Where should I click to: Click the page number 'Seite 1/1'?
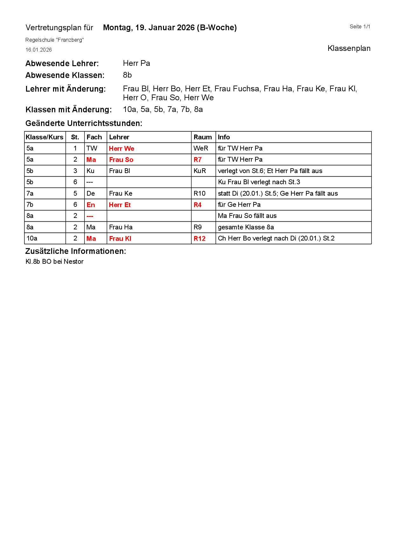point(360,27)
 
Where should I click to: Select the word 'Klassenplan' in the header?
point(349,48)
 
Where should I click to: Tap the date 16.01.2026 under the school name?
point(38,50)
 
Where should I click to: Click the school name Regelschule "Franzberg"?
point(54,40)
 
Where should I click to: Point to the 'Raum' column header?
point(202,137)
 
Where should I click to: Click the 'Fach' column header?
point(94,137)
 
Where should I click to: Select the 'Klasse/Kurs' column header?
point(44,137)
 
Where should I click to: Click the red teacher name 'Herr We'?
point(121,149)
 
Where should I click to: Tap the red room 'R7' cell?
point(197,160)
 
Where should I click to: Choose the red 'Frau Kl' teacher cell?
point(120,239)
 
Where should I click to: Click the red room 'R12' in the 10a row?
point(200,239)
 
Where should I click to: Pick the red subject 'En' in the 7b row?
point(91,205)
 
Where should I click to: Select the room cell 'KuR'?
point(200,171)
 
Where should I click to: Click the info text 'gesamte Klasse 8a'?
point(246,227)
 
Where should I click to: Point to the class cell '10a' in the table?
point(32,238)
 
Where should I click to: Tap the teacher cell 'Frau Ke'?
point(120,193)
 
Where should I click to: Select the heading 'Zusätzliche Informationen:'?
point(76,251)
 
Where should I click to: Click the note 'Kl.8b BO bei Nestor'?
point(54,262)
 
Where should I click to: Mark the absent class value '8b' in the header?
point(127,75)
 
